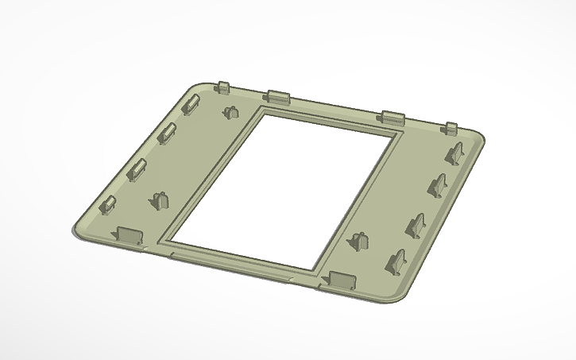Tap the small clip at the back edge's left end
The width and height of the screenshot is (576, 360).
click(222, 86)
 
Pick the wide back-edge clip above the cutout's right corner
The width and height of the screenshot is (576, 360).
click(392, 117)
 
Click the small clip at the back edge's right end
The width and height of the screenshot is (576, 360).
click(450, 128)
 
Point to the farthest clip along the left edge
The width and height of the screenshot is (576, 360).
click(191, 105)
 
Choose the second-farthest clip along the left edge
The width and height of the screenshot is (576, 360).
click(167, 134)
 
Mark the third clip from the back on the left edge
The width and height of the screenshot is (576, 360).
click(137, 169)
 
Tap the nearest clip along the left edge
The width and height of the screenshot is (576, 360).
click(107, 205)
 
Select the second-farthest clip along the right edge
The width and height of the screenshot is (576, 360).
click(438, 186)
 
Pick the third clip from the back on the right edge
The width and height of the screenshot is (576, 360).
click(417, 226)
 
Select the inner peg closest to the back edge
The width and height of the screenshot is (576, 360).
click(231, 110)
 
